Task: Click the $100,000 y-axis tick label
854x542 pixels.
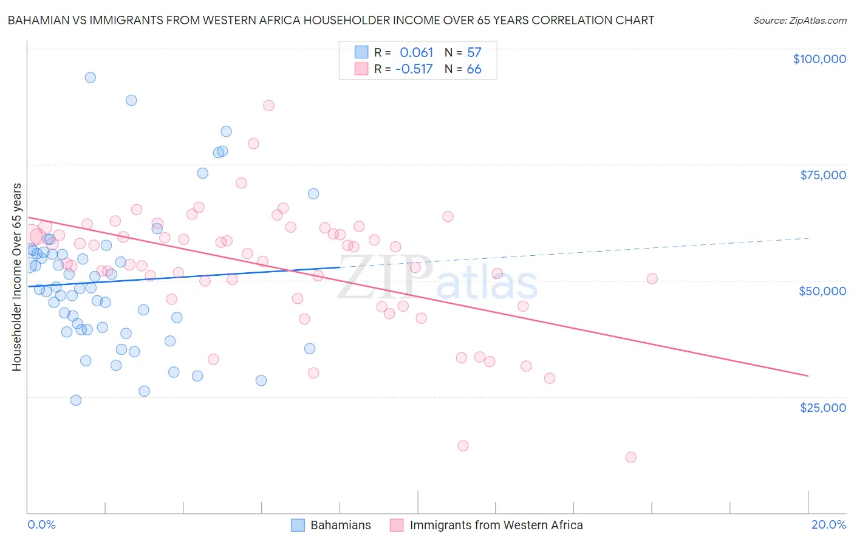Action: (819, 59)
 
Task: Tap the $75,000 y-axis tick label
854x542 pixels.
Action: (822, 175)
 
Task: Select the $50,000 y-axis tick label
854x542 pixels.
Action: (822, 291)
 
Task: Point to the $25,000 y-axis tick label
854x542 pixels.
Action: (822, 408)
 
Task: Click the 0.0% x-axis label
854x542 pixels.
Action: (41, 524)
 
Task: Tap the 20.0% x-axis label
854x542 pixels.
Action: (828, 524)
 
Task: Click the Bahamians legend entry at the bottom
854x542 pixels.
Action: (340, 525)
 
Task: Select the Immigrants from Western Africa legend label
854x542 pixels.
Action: (496, 525)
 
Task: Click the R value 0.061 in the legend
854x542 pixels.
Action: (416, 52)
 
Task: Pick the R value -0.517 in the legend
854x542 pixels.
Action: (414, 69)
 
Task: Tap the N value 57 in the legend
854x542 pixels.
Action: (474, 52)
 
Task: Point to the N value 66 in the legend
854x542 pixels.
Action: (474, 69)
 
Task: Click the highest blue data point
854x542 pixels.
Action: (90, 77)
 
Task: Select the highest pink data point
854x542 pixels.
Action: (268, 105)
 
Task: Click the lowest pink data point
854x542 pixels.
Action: (630, 457)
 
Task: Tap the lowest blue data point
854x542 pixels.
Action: (76, 400)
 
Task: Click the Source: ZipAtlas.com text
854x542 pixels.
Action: (799, 20)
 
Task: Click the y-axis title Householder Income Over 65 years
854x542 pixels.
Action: (16, 276)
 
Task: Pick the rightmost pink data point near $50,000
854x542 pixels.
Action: (652, 279)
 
